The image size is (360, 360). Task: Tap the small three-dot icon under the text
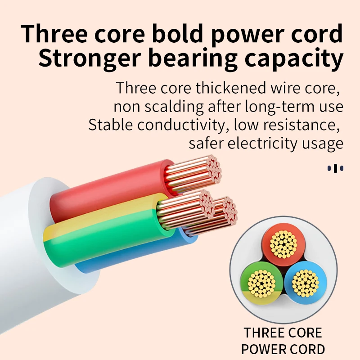[x=335, y=168]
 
